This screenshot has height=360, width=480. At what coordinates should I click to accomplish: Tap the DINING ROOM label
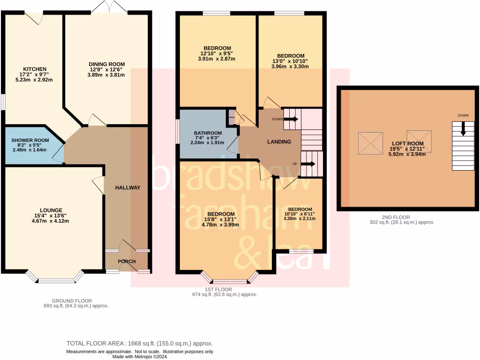tap(107, 64)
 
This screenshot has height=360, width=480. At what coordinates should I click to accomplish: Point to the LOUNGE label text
tap(51, 210)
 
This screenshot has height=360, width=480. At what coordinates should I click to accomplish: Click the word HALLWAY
tap(127, 187)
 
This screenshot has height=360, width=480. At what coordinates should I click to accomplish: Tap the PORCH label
tap(127, 262)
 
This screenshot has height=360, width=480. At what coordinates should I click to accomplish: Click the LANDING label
tap(279, 142)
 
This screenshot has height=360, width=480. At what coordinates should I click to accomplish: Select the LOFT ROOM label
tap(406, 143)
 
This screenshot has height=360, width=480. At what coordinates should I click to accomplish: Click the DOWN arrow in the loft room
tap(463, 128)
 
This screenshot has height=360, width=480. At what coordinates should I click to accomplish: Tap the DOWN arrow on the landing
tap(291, 119)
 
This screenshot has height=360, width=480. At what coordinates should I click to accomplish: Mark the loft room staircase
tap(459, 146)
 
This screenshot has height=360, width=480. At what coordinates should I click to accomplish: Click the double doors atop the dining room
tap(109, 8)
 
